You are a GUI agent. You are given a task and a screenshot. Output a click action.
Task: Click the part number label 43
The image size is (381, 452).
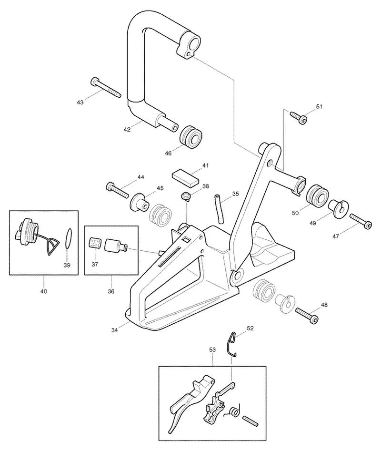(x=80, y=103)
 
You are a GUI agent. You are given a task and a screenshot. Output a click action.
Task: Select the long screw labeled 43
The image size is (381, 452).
(x=106, y=87)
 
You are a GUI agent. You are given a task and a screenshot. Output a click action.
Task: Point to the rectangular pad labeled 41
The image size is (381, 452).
(x=186, y=178)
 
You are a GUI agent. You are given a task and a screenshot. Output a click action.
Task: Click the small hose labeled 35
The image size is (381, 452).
(x=219, y=209)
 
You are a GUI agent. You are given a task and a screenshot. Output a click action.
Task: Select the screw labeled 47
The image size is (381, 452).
(x=361, y=221)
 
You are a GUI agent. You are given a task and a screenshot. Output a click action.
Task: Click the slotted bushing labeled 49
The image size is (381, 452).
(x=339, y=209)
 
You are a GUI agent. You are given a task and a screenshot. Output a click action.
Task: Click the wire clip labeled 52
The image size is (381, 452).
(x=231, y=344)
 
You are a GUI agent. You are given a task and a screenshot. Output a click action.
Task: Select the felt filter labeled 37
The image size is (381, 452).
(x=95, y=243)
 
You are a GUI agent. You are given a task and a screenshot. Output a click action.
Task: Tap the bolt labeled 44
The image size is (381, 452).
(x=118, y=190)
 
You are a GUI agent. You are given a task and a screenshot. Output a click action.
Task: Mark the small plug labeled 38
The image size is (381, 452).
(x=186, y=196)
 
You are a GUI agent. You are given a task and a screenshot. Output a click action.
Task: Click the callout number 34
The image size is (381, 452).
(x=115, y=330)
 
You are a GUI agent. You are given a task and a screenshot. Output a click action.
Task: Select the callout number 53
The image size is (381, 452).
(x=212, y=349)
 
